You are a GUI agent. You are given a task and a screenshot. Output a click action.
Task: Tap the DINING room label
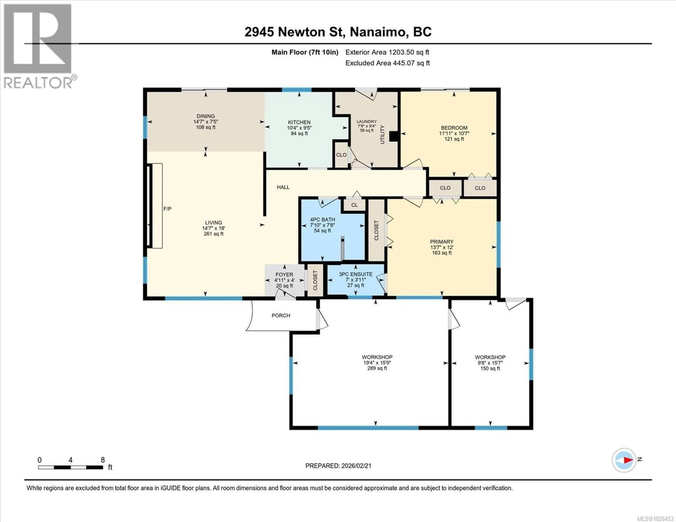[x=205, y=116]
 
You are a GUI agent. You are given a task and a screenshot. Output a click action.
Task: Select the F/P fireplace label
[x=167, y=209]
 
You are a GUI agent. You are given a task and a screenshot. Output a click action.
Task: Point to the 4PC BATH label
[x=322, y=219]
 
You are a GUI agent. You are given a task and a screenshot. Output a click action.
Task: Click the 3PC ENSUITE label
[x=355, y=274]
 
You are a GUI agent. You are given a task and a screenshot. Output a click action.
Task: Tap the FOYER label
[x=284, y=274]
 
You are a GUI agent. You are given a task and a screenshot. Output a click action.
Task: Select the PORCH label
[x=281, y=316]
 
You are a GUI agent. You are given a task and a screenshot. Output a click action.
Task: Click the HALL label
[x=283, y=187]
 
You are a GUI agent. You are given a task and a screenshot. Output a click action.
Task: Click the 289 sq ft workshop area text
[x=377, y=368]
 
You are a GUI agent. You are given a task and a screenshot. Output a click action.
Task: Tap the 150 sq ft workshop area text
[x=490, y=369]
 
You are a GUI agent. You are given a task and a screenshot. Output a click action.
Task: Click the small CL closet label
[x=354, y=205]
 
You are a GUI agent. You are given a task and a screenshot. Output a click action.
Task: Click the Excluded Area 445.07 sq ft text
[x=387, y=63]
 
